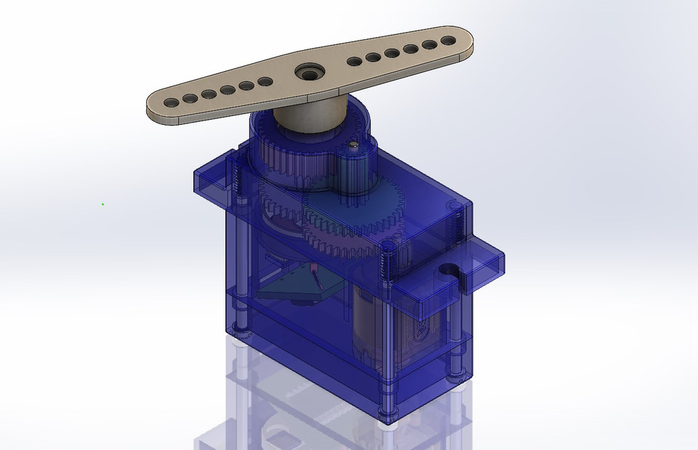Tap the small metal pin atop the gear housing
353,146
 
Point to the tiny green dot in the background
103,204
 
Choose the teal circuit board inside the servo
291,290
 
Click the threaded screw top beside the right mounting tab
457,210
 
